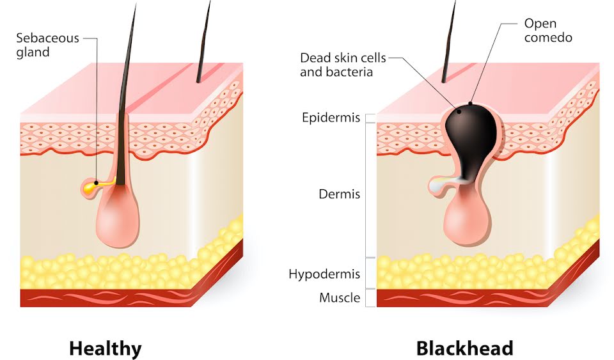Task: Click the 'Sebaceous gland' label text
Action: coord(47,44)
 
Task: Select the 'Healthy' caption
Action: coord(105,348)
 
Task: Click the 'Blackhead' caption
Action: coord(464,348)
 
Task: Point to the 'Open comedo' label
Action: coord(547,31)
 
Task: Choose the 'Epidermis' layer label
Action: coord(331,118)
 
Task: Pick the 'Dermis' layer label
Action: coord(340,194)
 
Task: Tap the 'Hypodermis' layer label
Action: coord(324,274)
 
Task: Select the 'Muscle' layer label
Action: coord(340,298)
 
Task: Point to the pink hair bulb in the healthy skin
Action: coord(118,221)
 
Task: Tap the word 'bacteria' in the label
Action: coord(351,72)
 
